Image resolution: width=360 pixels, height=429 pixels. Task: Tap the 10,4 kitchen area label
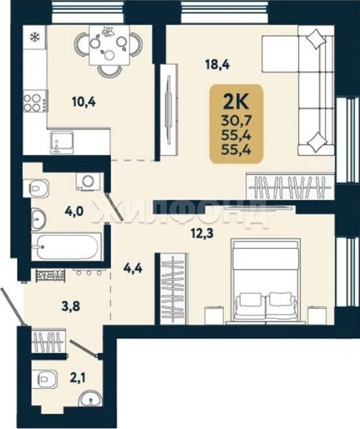[x=84, y=102]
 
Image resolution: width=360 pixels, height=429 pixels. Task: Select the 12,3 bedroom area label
[x=203, y=234]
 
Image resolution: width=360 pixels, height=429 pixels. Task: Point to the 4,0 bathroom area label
[x=74, y=211]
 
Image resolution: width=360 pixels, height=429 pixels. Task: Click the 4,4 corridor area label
[x=133, y=269]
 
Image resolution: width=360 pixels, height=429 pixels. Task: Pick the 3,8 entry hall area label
[x=71, y=306]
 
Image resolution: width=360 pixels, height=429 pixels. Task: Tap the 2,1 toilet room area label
[x=77, y=378]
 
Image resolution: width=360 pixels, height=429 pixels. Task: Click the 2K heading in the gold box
[x=236, y=102]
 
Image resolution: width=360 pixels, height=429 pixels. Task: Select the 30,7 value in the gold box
[x=236, y=120]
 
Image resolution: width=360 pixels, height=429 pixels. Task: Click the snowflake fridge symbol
[x=34, y=36]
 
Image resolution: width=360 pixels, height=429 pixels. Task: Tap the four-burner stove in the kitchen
[x=35, y=102]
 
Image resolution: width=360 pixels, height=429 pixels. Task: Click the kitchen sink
[x=62, y=142]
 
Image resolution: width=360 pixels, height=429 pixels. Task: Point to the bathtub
[x=67, y=247]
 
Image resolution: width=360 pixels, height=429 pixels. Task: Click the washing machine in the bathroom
[x=88, y=181]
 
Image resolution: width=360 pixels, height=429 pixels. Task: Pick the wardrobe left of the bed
[x=173, y=289]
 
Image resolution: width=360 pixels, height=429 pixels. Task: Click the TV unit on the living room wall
[x=169, y=109]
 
